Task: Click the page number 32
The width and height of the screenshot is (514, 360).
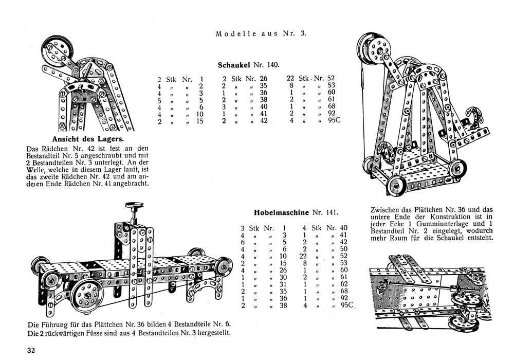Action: pyautogui.click(x=32, y=351)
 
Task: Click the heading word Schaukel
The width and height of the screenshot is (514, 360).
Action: pyautogui.click(x=234, y=65)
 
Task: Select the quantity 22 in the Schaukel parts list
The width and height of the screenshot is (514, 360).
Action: pyautogui.click(x=290, y=79)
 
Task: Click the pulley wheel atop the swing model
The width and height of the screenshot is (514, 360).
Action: pyautogui.click(x=375, y=52)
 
